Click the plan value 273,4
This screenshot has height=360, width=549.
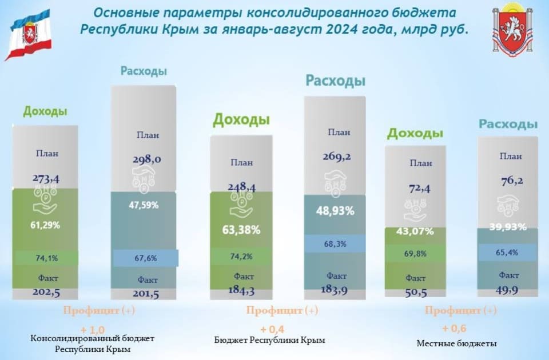[46, 178]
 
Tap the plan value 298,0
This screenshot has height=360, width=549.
[147, 159]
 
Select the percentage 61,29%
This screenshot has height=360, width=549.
[45, 225]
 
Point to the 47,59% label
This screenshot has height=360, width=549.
[144, 205]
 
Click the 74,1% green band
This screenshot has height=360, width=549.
[46, 258]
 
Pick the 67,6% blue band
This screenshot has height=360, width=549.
[146, 258]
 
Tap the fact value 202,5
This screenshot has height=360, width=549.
[46, 293]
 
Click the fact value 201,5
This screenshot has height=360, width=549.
[146, 294]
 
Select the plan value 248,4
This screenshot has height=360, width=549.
[241, 187]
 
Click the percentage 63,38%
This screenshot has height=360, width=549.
[241, 230]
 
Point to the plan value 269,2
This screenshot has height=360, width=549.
[337, 157]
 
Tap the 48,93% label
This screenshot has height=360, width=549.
[335, 211]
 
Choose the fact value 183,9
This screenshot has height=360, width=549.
[335, 290]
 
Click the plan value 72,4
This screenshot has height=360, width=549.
[419, 189]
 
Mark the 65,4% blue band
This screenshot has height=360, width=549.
[507, 252]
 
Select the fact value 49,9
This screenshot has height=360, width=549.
[507, 290]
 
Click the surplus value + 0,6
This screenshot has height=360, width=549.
[454, 329]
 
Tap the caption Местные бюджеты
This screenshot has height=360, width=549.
[456, 343]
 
